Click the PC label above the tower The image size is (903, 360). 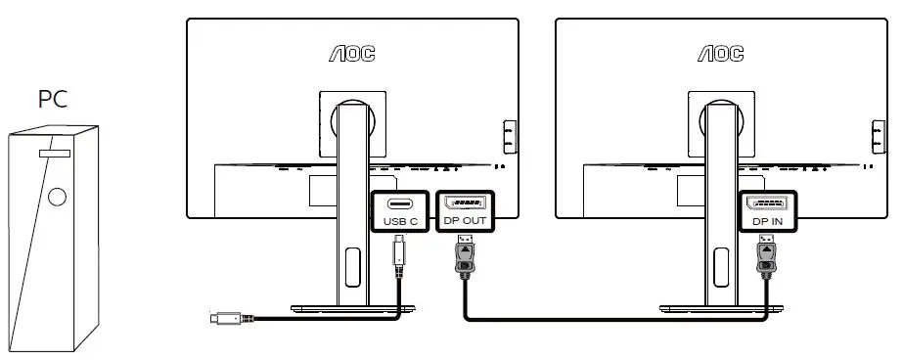click(55, 99)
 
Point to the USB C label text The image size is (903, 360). click(401, 222)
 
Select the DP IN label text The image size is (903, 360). click(767, 222)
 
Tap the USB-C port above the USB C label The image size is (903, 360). click(401, 203)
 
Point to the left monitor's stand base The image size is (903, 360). click(350, 308)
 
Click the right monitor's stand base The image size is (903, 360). click(718, 308)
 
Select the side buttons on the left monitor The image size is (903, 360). click(508, 137)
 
